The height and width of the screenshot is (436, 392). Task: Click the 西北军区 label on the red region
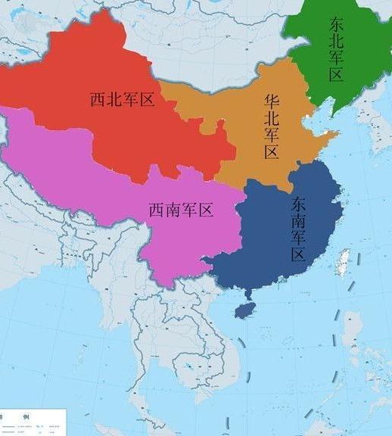(x=122, y=99)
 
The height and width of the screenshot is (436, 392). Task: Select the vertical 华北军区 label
(x=271, y=126)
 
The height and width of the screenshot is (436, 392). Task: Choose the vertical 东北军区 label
(x=337, y=48)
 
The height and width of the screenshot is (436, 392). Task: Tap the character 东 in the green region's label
(x=337, y=23)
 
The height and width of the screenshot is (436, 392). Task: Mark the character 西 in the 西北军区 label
(x=97, y=99)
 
